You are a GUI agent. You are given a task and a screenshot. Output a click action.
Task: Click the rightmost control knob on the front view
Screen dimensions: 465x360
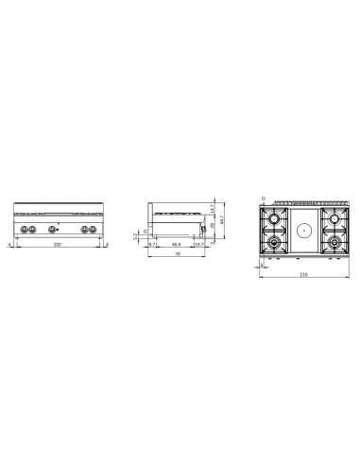coord(93,230)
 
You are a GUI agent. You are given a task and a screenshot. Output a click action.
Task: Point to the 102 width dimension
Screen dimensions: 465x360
coord(59,245)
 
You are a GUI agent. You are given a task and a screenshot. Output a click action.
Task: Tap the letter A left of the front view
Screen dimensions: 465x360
coord(9,244)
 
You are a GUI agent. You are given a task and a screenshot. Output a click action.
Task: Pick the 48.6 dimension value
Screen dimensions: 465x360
coord(176,244)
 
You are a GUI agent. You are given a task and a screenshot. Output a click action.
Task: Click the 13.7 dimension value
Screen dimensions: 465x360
coord(198,244)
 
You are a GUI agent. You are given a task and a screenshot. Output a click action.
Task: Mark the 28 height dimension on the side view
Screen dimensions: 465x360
coord(214,227)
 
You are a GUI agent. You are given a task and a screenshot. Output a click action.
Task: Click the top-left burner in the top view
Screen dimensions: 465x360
coord(274,219)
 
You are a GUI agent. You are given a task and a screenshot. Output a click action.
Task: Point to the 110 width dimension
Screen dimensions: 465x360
coord(303,275)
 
